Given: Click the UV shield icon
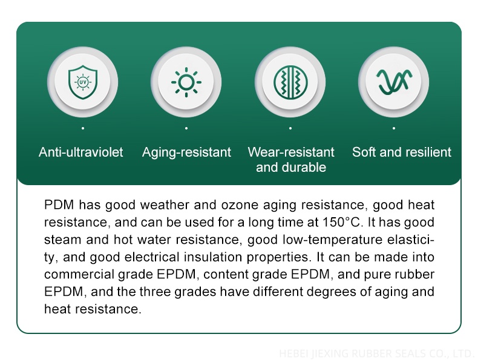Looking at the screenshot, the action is tap(83, 82).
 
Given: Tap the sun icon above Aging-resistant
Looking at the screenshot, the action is tap(186, 82).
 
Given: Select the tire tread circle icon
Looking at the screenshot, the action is tap(290, 82).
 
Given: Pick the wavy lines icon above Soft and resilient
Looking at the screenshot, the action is tap(394, 82).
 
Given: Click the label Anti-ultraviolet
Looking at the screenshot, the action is tap(81, 152).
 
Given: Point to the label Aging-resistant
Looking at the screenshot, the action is tap(186, 152).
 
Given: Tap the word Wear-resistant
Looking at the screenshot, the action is tap(291, 152).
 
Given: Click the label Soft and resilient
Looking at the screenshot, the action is tap(402, 152).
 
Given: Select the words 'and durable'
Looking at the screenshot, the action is tap(291, 168).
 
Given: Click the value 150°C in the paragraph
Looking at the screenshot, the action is tap(343, 222).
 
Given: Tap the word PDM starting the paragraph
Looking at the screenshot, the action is tap(59, 205).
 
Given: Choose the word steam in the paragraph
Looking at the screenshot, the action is tap(63, 240).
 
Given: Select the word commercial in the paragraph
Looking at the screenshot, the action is tap(79, 274).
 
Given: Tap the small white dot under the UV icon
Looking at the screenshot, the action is tap(83, 128).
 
